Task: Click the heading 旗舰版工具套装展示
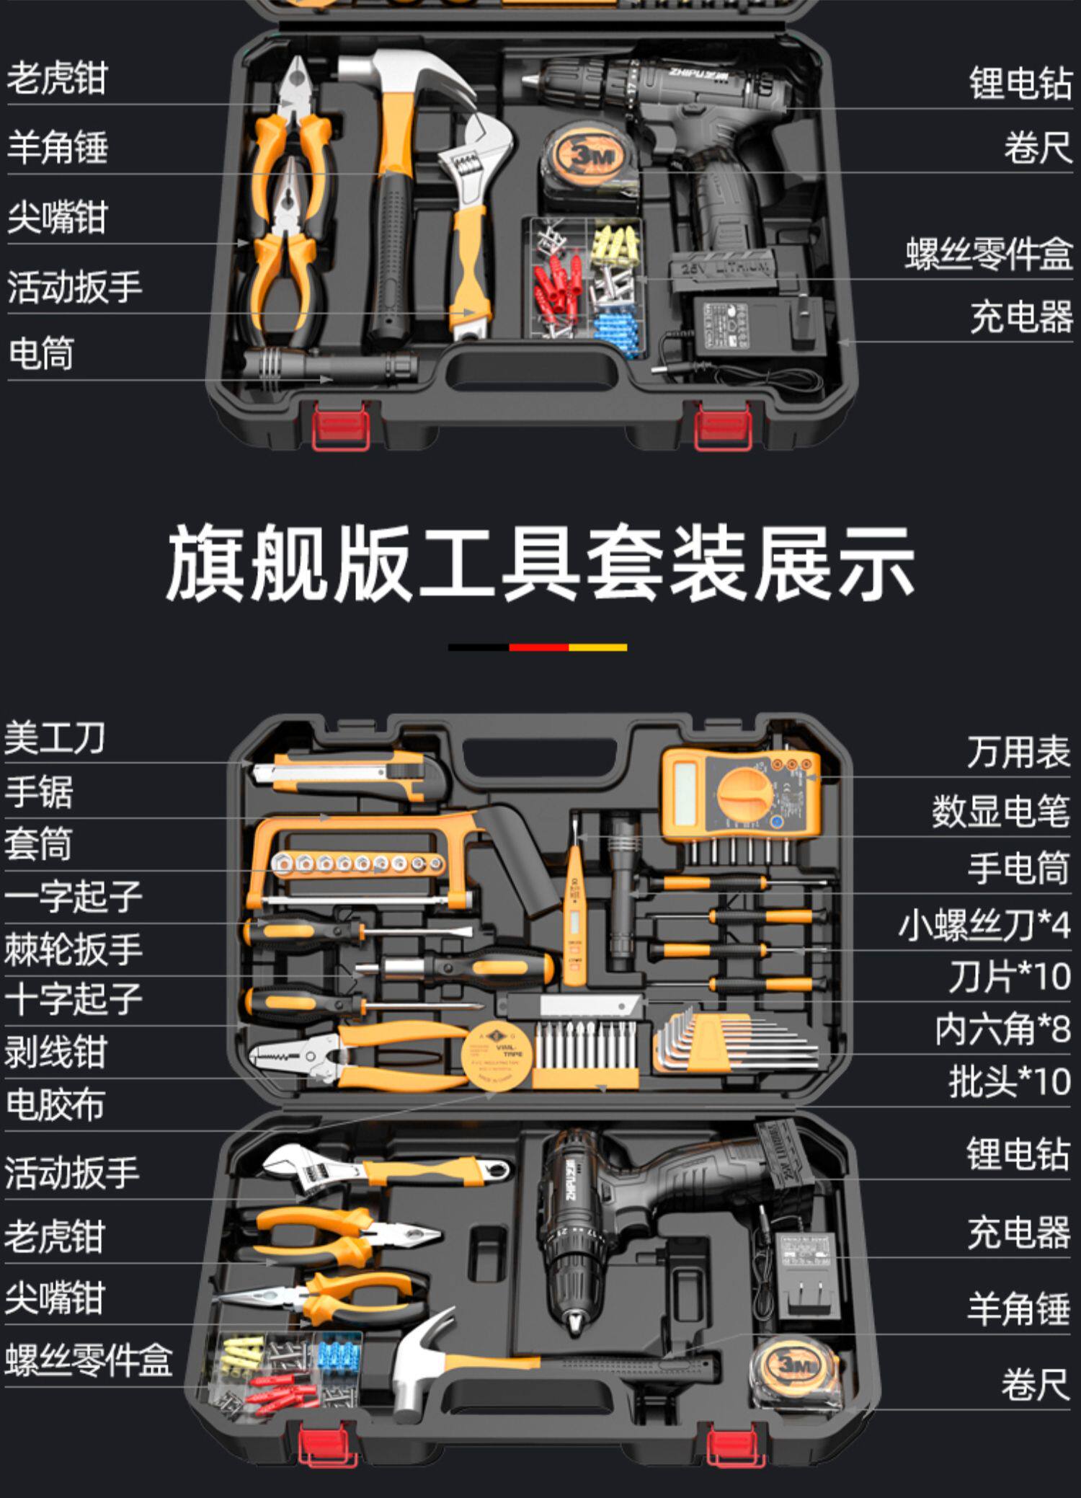click(540, 563)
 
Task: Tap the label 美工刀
click(55, 738)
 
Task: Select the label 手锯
click(39, 792)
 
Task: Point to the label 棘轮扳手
click(73, 949)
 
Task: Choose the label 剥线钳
click(55, 1052)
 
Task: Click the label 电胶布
click(55, 1104)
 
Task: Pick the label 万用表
click(1018, 753)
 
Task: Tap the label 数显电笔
click(1000, 811)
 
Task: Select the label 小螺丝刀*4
click(984, 925)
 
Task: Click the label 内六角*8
click(1002, 1029)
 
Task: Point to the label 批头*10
click(1009, 1081)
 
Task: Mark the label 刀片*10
click(1009, 978)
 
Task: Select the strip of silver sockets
click(357, 862)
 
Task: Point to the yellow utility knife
click(346, 774)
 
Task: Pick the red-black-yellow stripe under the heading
click(538, 647)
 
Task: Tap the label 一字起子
click(73, 897)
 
